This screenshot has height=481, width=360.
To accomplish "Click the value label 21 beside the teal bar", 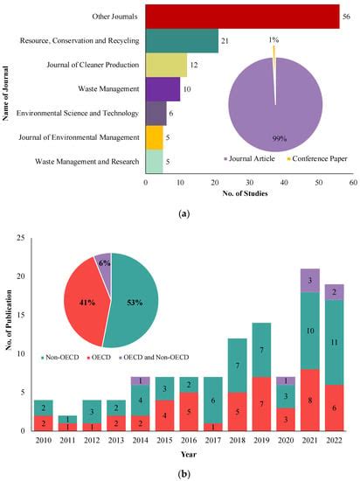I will (225, 41).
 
